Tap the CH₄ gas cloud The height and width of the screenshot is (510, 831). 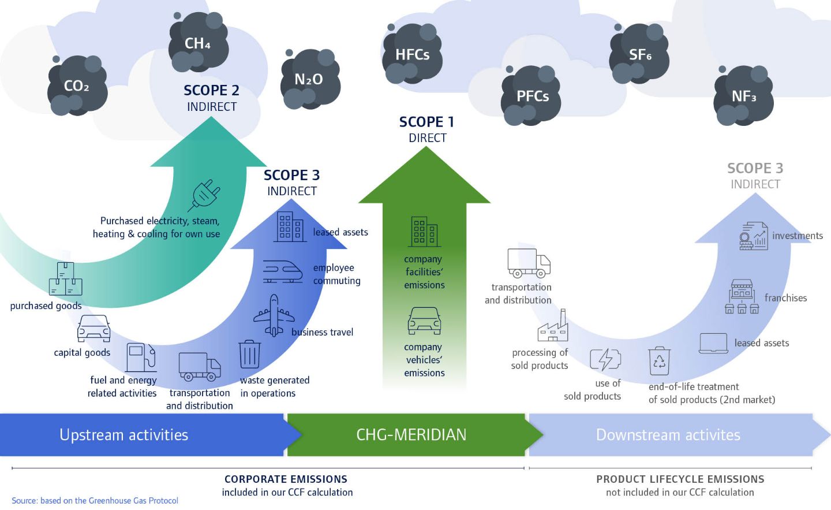tap(198, 43)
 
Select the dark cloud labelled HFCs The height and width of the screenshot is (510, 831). tap(412, 55)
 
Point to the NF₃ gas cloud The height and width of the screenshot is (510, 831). tap(743, 96)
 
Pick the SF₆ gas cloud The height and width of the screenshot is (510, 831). tap(639, 55)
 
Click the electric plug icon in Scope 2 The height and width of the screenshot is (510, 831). tap(204, 195)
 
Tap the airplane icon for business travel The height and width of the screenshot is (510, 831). tap(274, 315)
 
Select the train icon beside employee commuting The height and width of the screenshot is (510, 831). tap(283, 271)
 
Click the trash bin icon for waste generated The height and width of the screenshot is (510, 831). tap(249, 354)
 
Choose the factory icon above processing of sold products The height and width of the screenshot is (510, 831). tap(553, 326)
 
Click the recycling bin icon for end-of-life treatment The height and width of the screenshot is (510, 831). tap(659, 361)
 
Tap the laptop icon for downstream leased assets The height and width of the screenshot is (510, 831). tap(713, 343)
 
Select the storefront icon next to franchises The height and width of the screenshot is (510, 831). tap(742, 296)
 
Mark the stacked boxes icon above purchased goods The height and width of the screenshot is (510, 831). tap(65, 279)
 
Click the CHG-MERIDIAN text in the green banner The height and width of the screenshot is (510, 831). tap(411, 435)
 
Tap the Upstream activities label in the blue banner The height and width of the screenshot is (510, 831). tap(123, 435)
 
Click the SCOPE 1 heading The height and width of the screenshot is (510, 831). tap(426, 122)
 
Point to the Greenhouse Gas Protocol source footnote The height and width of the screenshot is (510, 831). tap(95, 501)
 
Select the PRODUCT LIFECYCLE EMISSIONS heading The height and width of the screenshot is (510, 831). tap(680, 479)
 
